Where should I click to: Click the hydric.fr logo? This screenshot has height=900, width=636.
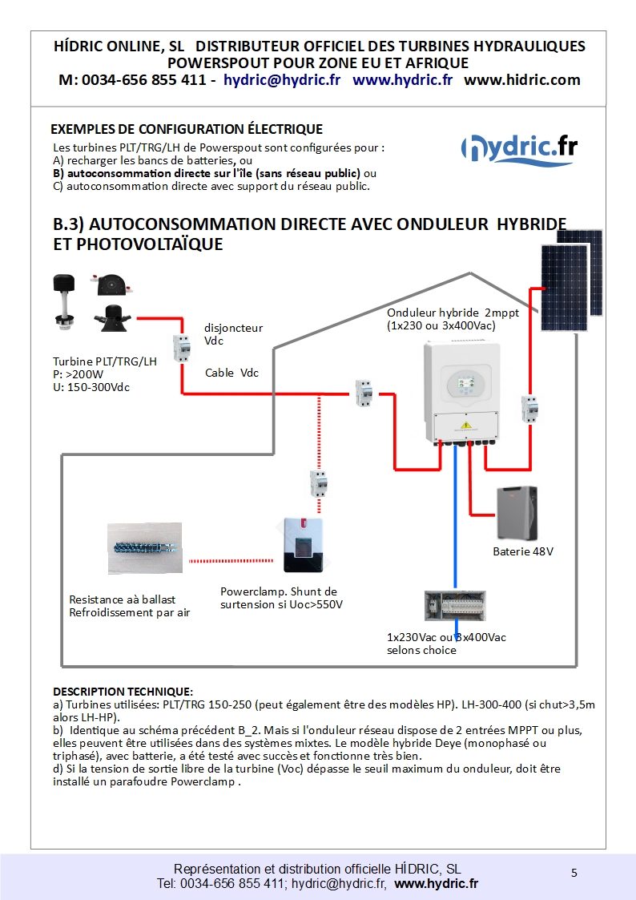[x=520, y=148]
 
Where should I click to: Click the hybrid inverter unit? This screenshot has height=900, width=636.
[x=463, y=393]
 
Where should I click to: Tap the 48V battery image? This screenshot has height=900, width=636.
[x=517, y=514]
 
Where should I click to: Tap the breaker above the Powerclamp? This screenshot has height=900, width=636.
[x=319, y=486]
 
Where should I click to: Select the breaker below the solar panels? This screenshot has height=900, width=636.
[x=529, y=409]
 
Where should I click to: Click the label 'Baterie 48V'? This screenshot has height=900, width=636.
[x=523, y=552]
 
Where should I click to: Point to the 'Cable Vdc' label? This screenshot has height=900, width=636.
[x=231, y=373]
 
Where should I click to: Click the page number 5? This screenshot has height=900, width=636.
[x=574, y=873]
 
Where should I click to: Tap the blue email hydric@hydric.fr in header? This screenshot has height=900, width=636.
[x=282, y=80]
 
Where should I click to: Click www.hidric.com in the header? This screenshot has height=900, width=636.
[x=521, y=80]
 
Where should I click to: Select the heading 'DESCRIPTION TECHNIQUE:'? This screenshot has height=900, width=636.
[x=123, y=691]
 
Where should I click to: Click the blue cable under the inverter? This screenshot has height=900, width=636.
[x=455, y=513]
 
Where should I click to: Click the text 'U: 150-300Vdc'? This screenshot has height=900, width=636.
[x=91, y=388]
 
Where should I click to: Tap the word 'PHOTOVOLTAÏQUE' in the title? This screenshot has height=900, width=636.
[x=138, y=244]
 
